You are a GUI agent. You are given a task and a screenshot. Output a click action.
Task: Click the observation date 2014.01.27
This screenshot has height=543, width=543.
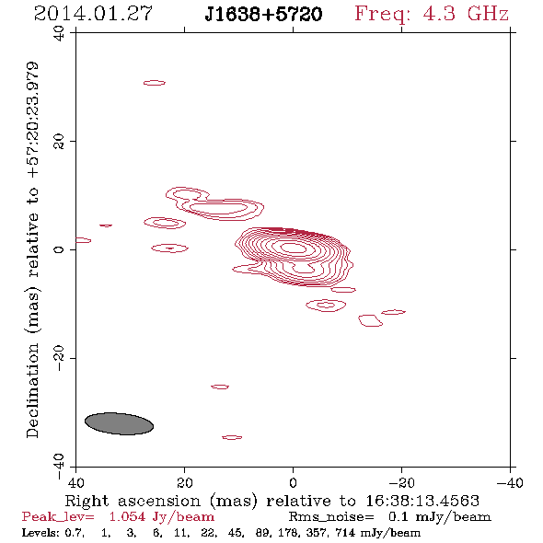93,14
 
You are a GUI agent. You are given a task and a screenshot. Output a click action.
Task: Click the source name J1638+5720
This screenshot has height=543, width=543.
263,14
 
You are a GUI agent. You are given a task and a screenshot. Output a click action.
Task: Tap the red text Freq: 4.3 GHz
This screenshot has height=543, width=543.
432,14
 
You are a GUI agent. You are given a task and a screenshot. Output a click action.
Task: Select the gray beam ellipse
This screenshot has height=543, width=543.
119,423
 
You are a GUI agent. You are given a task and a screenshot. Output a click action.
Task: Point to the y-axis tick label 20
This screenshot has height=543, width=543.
59,142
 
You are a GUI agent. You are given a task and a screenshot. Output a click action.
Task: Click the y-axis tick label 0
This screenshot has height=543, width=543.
59,249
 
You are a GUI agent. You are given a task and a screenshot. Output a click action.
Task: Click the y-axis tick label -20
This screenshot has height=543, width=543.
59,358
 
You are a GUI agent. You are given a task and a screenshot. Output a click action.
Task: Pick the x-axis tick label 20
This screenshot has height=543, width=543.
184,482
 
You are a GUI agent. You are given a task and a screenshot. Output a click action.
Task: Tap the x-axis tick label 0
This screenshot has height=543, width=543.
293,482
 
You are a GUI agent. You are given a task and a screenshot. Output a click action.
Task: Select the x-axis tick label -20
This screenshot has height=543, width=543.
401,482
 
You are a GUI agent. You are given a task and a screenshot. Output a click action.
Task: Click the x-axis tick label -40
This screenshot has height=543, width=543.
510,482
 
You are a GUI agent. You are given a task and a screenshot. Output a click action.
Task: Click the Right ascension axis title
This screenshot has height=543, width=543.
271,501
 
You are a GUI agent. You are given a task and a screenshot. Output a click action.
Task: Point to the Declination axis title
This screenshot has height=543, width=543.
33,250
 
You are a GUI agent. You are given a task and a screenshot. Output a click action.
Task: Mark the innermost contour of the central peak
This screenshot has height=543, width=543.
294,248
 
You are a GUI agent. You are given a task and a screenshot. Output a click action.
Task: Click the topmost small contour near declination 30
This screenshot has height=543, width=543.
155,83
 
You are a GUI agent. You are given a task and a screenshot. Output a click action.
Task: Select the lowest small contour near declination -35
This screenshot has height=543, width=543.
232,437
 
